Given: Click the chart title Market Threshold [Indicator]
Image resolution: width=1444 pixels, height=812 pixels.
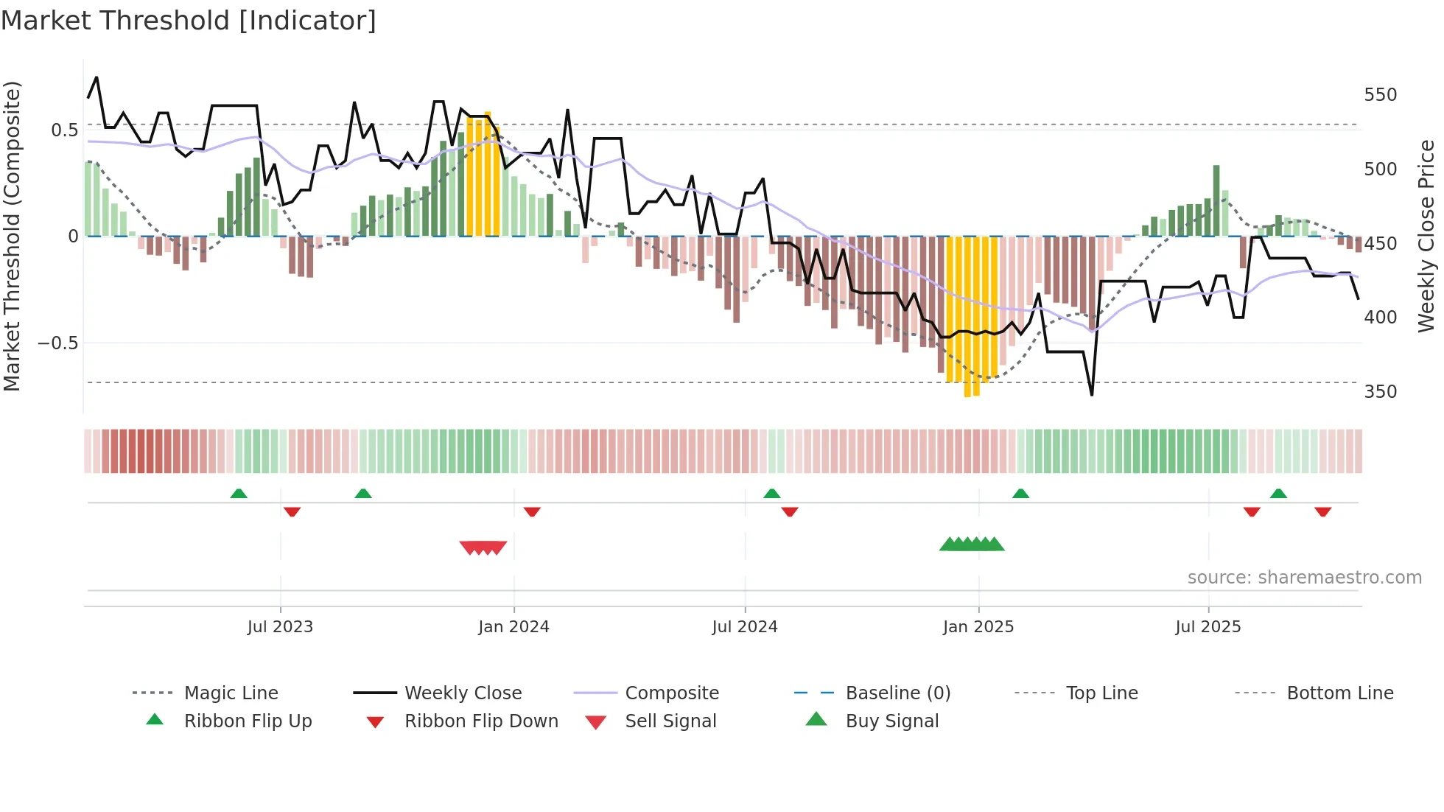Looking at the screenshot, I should coord(189,21).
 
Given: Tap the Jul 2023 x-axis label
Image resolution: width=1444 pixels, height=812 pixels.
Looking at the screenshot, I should coord(280,627).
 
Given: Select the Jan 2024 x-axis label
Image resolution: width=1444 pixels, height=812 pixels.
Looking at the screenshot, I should coord(514,627).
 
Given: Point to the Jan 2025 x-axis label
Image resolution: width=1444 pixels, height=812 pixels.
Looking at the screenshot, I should coord(978,627).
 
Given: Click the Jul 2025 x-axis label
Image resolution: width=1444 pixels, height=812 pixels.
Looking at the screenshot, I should coord(1208,627).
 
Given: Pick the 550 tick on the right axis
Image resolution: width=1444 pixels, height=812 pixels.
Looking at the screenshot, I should coord(1380,95).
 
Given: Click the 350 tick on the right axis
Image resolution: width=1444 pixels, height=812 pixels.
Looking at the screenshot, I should coord(1380,391).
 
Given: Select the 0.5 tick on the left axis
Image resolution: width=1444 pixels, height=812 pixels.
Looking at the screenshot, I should coord(64,130).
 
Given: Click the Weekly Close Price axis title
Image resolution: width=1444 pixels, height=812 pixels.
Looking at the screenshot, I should coord(1426,236).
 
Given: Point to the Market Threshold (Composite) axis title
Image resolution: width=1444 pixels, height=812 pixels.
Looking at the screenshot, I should coord(12,236).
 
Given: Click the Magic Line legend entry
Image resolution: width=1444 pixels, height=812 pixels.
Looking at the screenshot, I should coord(231,693).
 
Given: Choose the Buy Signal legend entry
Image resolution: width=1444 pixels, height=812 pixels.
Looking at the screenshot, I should coord(891,721).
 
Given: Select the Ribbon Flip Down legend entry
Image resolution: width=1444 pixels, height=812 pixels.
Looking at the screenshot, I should coord(480,721).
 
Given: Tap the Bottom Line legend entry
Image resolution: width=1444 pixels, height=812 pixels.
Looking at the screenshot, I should coord(1339,693).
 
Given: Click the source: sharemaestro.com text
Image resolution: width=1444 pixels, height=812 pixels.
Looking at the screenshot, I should coord(1304,578).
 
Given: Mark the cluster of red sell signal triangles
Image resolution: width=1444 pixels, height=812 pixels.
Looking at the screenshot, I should coord(483,547).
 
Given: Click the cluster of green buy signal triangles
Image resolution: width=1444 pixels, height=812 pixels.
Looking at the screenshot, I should coord(972,545).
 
